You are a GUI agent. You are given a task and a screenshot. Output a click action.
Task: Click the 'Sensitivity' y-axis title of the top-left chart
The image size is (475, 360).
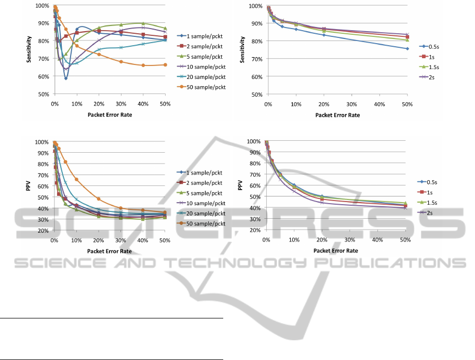30,50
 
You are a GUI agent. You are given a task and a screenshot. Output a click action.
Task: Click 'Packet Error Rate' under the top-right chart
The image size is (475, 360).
337,115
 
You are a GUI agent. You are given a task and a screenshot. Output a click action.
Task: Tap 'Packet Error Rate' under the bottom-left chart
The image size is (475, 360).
110,251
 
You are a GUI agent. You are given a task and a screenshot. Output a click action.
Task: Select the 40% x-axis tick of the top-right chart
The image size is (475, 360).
379,104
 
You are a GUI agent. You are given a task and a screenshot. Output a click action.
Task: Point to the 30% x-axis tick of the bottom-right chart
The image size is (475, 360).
350,240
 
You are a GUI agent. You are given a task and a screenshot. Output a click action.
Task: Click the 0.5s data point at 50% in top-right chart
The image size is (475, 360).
407,48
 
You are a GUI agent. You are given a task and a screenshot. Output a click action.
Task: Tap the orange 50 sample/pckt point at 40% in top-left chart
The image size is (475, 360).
143,65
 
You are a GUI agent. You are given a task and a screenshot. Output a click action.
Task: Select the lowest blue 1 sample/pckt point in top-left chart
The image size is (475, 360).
66,78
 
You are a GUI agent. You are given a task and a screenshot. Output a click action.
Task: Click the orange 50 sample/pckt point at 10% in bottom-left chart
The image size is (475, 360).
76,179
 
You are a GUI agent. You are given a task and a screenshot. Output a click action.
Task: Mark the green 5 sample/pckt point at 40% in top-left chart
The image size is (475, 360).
143,23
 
